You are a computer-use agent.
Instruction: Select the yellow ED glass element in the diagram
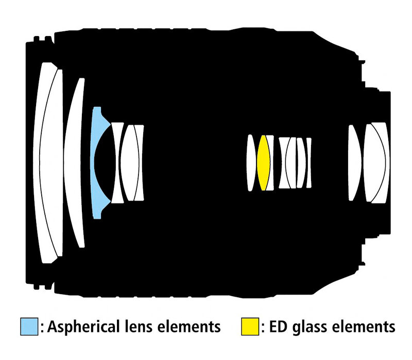pyautogui.click(x=263, y=163)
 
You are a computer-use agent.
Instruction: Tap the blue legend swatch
pyautogui.click(x=29, y=327)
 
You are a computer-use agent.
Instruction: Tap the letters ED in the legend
pyautogui.click(x=278, y=327)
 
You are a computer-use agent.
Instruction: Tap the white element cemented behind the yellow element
pyautogui.click(x=271, y=163)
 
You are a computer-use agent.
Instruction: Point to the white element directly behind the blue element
pyautogui.click(x=116, y=162)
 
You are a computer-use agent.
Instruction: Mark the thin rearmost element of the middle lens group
pyautogui.click(x=308, y=163)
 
